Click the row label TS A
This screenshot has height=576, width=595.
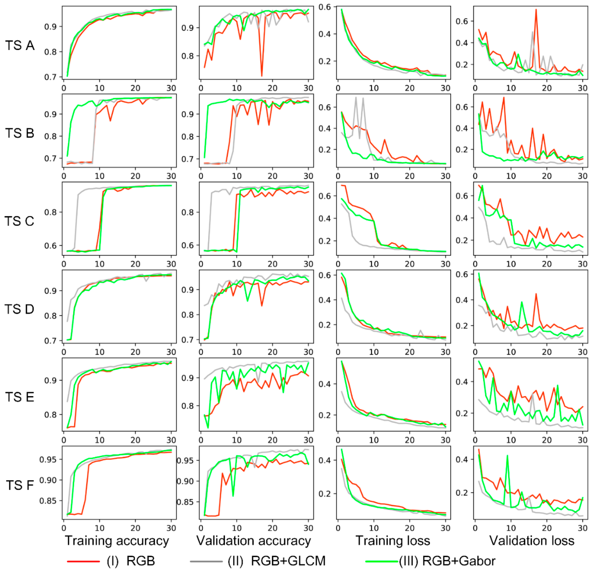[x=20, y=46]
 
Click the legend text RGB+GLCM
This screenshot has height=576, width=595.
[x=288, y=561]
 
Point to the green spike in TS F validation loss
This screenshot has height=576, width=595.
[x=507, y=456]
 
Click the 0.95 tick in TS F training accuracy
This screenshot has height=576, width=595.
[x=48, y=460]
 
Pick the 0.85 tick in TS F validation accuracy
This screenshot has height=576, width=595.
[x=185, y=502]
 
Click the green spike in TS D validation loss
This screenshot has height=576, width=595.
[x=522, y=302]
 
